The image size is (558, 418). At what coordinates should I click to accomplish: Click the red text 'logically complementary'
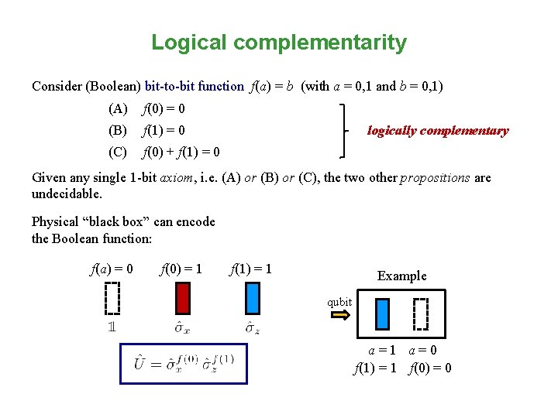pyautogui.click(x=438, y=131)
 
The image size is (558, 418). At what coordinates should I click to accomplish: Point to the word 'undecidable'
pyautogui.click(x=67, y=193)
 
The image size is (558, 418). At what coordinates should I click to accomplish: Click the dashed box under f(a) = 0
pyautogui.click(x=112, y=298)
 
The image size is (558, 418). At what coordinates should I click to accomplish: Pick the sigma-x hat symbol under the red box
pyautogui.click(x=183, y=327)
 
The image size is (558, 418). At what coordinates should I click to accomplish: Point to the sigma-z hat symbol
pyautogui.click(x=253, y=327)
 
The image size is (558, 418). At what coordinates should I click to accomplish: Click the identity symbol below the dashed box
pyautogui.click(x=112, y=327)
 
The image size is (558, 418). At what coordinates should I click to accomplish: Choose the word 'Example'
pyautogui.click(x=401, y=276)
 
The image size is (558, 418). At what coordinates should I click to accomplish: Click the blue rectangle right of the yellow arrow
pyautogui.click(x=382, y=313)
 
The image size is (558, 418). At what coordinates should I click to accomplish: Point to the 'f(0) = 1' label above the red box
pyautogui.click(x=181, y=269)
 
